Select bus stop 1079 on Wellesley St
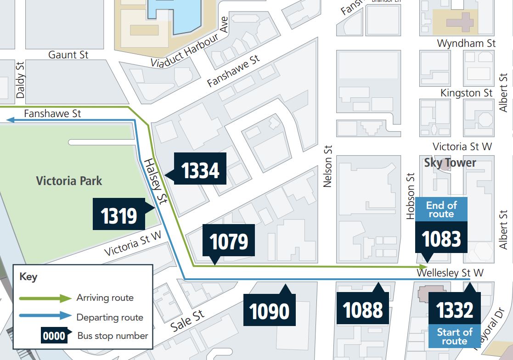[229, 240]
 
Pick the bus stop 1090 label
[270, 310]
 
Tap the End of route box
[441, 209]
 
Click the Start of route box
[455, 336]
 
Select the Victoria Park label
[69, 180]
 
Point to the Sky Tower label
[450, 163]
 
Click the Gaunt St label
[68, 55]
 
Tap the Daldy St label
[20, 80]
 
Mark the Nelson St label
[327, 166]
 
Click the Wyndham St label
[466, 43]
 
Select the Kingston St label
[466, 93]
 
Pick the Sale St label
[187, 321]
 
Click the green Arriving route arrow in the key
[45, 298]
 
